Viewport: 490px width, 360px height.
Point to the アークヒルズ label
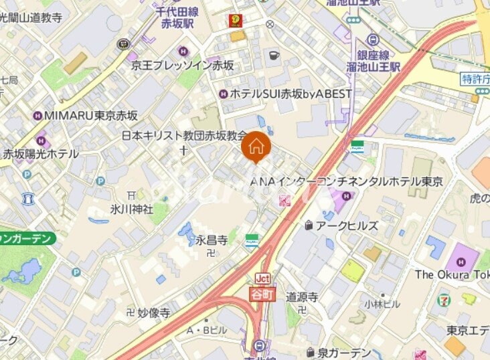point(347,226)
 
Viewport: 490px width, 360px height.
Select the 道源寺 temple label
point(302,297)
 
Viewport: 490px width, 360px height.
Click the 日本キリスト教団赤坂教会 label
point(183,135)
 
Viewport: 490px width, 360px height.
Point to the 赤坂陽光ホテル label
point(41,153)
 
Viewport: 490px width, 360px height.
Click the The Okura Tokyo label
point(452,274)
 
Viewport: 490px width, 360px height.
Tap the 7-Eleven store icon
point(444,300)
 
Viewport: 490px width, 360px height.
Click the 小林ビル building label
point(382,303)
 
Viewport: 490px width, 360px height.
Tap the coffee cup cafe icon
point(273,55)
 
